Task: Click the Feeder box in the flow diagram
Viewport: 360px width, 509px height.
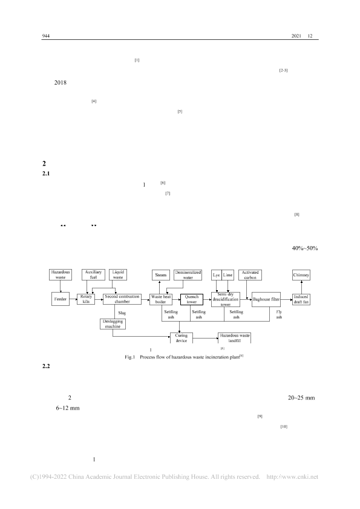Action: click(61, 299)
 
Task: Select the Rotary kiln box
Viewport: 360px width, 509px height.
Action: click(86, 299)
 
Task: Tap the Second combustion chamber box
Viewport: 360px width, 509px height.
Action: click(122, 299)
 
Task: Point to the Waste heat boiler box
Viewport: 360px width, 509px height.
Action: click(161, 299)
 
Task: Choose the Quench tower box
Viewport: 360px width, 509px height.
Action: click(192, 299)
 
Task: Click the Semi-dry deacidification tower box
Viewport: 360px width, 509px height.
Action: click(226, 299)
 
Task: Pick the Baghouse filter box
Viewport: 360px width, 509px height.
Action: click(266, 299)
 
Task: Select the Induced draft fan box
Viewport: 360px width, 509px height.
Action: click(301, 299)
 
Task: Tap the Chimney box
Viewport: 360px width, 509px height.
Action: click(301, 275)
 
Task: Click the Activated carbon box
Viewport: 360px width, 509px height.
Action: click(250, 275)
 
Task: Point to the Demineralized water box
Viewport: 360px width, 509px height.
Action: click(188, 275)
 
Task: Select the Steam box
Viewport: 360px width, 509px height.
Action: click(161, 275)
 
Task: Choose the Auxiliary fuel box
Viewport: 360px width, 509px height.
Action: click(93, 274)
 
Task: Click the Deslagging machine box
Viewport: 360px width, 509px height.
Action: click(113, 324)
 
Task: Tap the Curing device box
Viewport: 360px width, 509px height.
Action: click(182, 338)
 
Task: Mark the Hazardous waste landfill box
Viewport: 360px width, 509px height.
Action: click(235, 338)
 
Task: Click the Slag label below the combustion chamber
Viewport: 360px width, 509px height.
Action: click(122, 313)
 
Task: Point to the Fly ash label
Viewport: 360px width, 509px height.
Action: click(279, 314)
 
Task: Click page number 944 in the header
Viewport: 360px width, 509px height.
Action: click(46, 36)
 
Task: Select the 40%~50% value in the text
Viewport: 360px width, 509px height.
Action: click(305, 248)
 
